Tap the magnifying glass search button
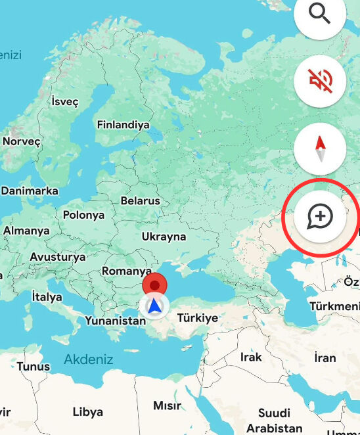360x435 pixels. tap(320, 14)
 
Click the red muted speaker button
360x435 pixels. tap(320, 81)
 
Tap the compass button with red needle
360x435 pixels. tap(320, 148)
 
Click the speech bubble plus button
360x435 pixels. tap(320, 216)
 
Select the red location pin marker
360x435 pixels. tap(155, 286)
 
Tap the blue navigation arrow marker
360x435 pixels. tap(154, 306)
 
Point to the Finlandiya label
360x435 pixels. tap(123, 125)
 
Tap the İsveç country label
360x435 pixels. tap(64, 102)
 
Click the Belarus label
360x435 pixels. tap(141, 200)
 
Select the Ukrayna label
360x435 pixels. tap(164, 237)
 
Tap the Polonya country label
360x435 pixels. tap(83, 215)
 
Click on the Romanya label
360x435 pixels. tap(127, 271)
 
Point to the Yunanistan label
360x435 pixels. tap(115, 321)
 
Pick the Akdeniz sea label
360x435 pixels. tap(89, 359)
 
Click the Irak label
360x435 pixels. tap(251, 357)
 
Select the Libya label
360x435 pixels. tap(87, 412)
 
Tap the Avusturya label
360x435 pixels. tap(58, 257)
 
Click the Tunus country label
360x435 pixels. tap(34, 366)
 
